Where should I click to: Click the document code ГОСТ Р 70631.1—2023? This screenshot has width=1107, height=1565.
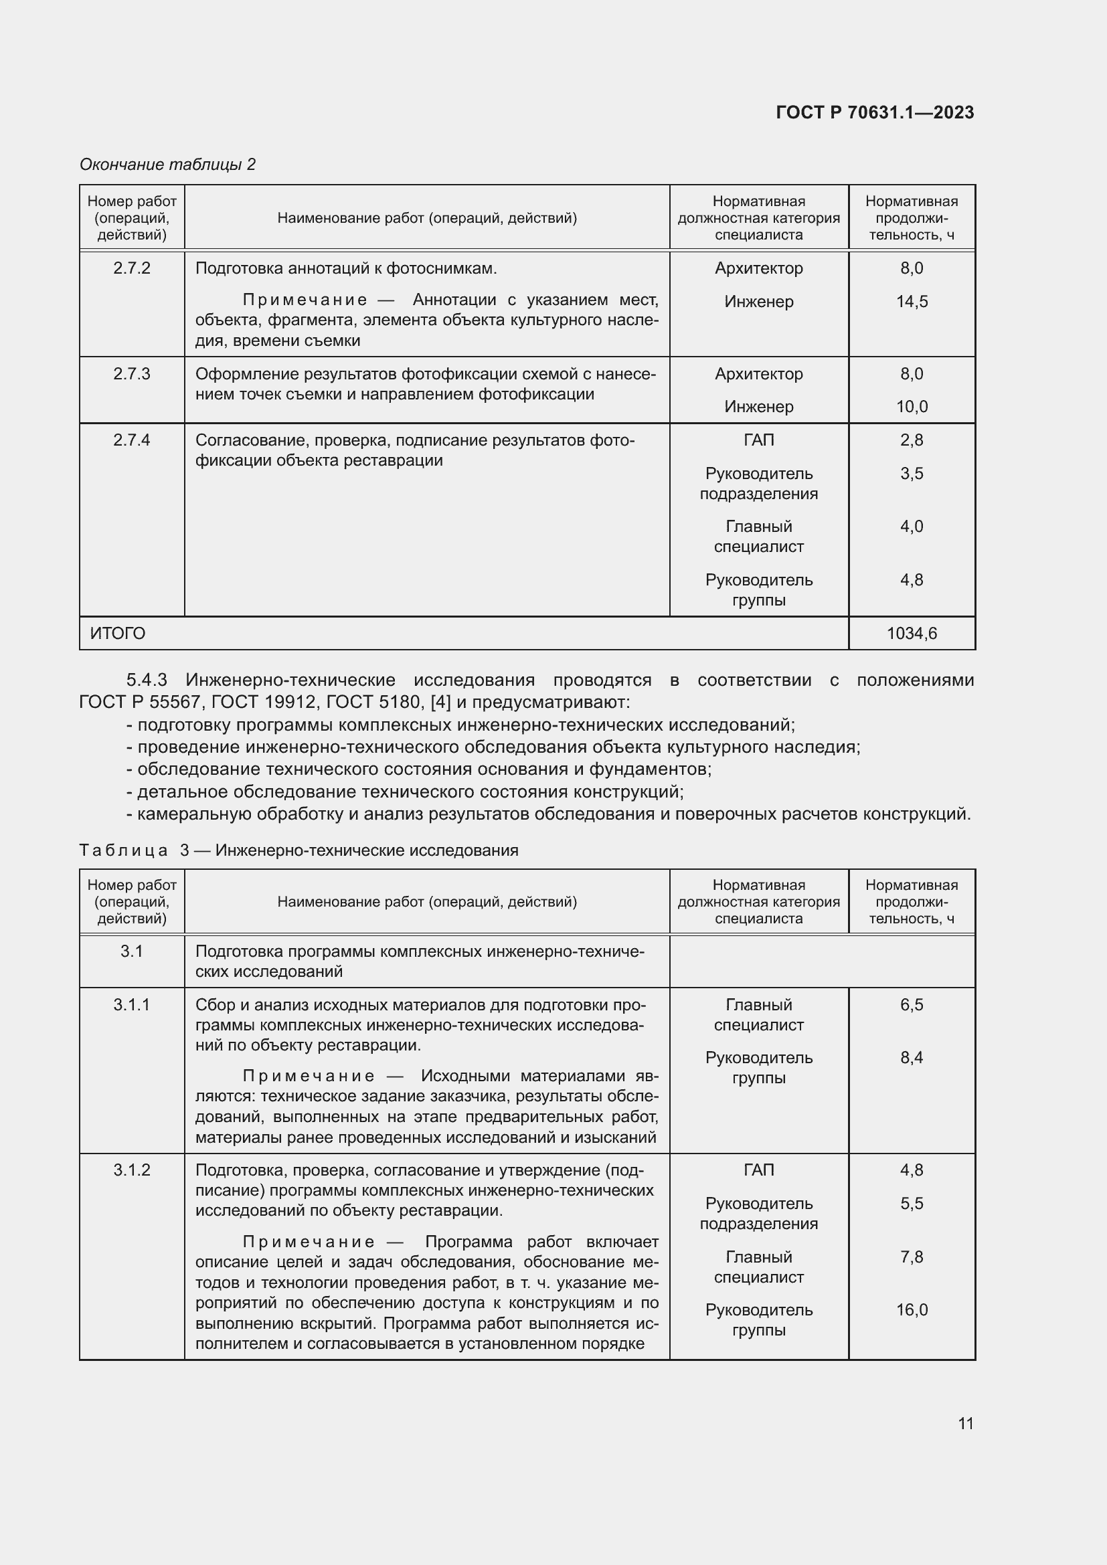[875, 112]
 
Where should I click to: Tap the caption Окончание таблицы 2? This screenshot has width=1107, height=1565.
[168, 165]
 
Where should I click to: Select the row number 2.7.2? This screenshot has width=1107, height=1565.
[132, 268]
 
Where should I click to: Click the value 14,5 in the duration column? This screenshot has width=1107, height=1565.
[912, 301]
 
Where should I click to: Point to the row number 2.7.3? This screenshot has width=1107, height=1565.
[132, 373]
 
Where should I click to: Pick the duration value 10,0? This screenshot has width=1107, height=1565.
[912, 406]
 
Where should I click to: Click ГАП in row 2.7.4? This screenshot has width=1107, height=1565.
[759, 440]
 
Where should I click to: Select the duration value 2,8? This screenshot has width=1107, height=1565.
[912, 440]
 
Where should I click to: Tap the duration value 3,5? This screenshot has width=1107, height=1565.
[912, 473]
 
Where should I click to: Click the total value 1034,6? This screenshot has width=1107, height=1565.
[912, 633]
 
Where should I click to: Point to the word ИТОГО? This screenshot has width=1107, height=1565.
[117, 633]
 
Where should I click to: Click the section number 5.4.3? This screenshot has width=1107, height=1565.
[147, 680]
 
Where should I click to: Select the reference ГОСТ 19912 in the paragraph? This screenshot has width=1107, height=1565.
[261, 701]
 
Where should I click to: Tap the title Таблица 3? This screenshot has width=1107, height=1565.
[134, 850]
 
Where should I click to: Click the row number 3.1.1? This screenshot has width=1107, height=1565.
[132, 1004]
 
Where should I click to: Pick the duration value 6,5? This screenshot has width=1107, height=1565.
[912, 1004]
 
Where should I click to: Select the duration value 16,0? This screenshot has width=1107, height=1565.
[912, 1309]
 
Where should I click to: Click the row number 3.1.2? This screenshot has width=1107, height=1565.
[132, 1170]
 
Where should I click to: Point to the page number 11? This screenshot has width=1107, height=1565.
[965, 1423]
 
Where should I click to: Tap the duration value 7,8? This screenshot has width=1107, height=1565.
[912, 1257]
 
